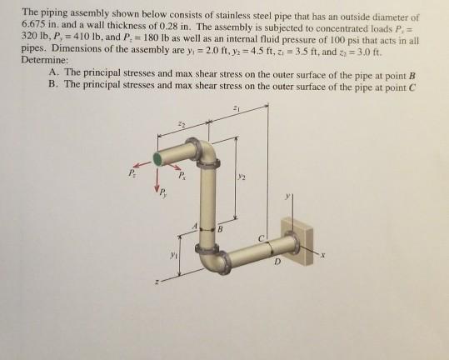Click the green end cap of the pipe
coord(157,157)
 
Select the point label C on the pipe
coord(261,239)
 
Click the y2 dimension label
coord(242,175)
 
